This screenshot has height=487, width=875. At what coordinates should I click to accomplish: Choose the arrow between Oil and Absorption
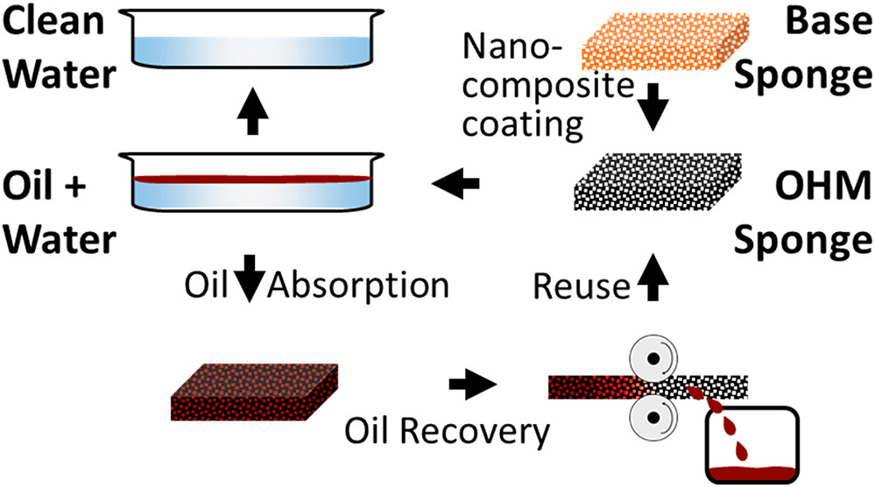coord(251,286)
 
